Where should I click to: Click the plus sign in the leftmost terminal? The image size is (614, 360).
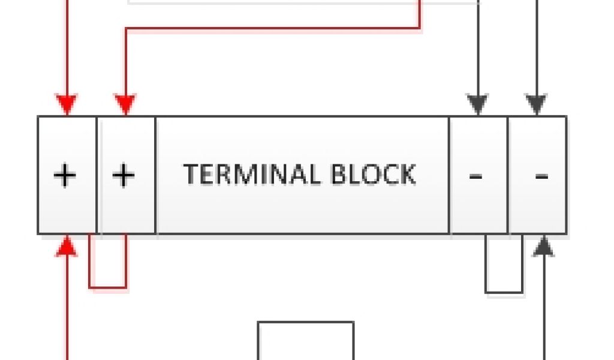65,176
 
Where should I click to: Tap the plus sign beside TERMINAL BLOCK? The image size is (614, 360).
124,176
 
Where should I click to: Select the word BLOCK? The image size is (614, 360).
373,174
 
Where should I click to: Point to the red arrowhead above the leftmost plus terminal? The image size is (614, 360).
67,105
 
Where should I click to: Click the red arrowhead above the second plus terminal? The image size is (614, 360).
125,105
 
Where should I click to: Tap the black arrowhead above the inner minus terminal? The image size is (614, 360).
478,106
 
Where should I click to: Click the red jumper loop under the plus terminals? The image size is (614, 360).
108,287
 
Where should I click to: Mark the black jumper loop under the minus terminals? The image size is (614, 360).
504,292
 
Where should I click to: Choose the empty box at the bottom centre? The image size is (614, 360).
306,342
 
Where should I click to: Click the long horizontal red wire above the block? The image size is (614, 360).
270,28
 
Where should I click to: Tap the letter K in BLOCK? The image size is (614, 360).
406,174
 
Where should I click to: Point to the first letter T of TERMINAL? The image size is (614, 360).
191,174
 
